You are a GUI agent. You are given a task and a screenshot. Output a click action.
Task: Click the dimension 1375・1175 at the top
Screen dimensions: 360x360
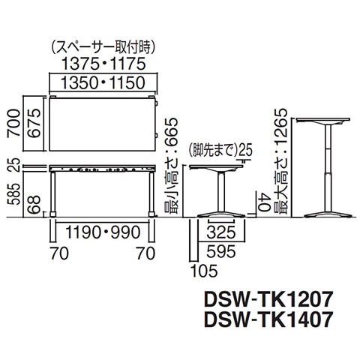click(x=103, y=64)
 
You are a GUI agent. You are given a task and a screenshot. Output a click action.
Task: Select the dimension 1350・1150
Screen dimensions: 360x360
click(x=103, y=82)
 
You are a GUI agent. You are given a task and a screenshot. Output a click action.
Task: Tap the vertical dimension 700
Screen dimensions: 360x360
click(x=13, y=123)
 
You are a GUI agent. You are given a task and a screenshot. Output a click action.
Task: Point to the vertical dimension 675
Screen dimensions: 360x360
click(x=34, y=123)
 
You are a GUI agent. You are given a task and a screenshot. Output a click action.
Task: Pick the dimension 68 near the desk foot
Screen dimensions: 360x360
click(x=34, y=205)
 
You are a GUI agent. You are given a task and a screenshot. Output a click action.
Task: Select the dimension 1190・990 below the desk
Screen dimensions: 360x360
click(x=103, y=232)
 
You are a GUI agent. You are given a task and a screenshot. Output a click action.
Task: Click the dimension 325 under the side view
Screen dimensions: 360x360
click(x=221, y=232)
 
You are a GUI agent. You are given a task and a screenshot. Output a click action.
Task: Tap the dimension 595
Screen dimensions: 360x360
click(x=221, y=251)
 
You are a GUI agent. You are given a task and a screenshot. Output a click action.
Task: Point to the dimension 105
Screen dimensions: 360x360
click(x=204, y=271)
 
